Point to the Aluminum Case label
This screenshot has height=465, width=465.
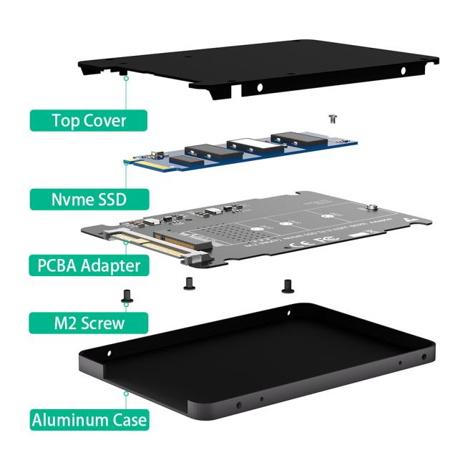(89, 418)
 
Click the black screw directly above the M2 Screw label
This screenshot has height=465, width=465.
(126, 293)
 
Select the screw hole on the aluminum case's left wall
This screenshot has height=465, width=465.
(109, 352)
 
